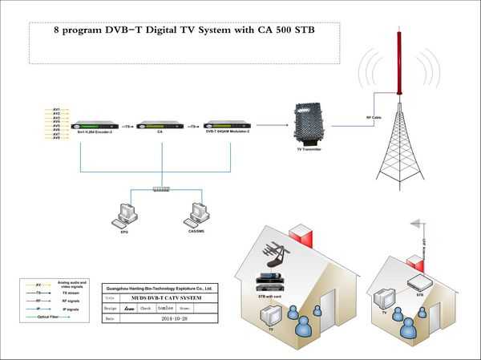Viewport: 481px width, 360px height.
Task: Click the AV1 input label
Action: pyautogui.click(x=56, y=109)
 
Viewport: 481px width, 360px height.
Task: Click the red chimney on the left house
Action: pyautogui.click(x=301, y=238)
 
